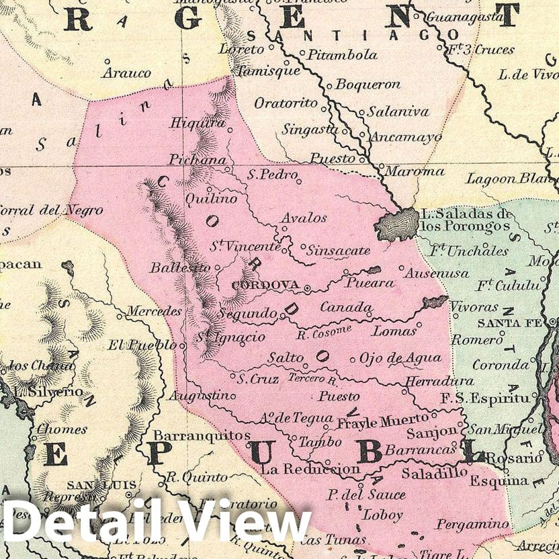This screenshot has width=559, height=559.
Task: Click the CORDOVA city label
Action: [265, 285]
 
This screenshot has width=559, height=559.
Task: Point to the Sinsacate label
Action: [338, 251]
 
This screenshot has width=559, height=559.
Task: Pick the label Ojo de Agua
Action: [400, 358]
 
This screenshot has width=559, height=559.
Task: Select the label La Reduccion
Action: [310, 468]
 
